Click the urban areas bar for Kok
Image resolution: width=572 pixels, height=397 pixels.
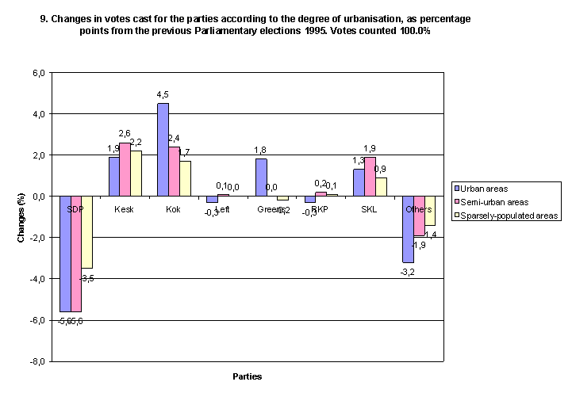(x=163, y=149)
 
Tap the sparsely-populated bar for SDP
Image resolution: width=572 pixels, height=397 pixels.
(x=86, y=231)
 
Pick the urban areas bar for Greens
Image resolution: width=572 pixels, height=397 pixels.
(x=260, y=177)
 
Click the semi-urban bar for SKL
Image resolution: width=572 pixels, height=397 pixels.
(x=369, y=176)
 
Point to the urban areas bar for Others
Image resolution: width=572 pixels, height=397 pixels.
(x=407, y=228)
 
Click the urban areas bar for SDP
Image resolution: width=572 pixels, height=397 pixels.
(x=65, y=253)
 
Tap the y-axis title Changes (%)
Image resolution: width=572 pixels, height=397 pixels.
(x=22, y=217)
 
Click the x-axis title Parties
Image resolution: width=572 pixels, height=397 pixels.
(x=248, y=376)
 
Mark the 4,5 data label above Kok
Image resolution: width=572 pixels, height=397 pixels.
(x=163, y=95)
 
